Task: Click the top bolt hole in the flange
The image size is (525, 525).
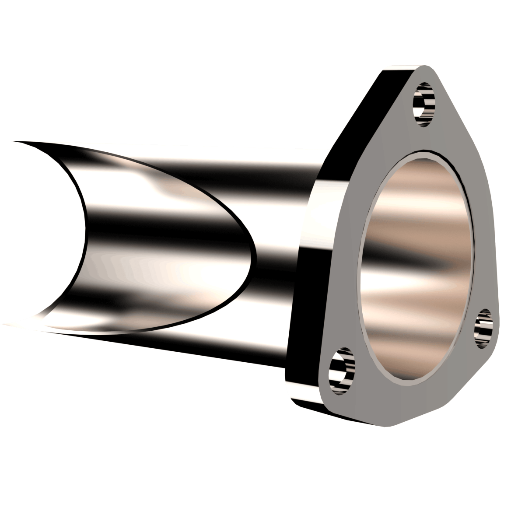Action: [424, 104]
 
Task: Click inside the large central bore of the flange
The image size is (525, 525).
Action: [416, 262]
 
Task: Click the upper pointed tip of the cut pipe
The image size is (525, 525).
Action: [13, 141]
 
